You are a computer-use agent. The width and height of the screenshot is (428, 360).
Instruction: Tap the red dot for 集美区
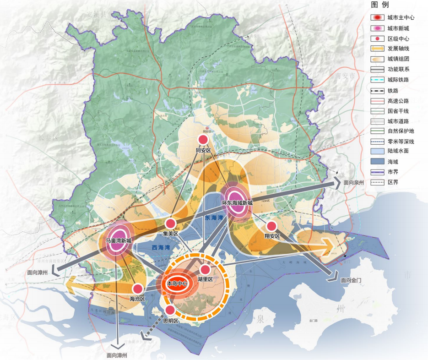tap(170, 224)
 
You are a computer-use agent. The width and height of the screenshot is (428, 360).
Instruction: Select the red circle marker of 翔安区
tap(271, 226)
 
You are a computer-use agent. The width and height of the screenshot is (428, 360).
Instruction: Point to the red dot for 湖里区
tap(205, 270)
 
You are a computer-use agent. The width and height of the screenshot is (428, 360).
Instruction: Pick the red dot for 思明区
tap(169, 310)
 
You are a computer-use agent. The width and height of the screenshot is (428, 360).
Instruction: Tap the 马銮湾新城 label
tap(119, 240)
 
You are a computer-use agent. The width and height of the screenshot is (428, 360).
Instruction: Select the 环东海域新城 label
tap(237, 203)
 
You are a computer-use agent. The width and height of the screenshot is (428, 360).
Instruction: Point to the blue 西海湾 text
tap(160, 247)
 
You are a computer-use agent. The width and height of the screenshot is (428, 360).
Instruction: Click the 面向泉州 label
tap(354, 182)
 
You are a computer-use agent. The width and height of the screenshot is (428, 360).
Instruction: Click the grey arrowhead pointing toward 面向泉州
tap(337, 183)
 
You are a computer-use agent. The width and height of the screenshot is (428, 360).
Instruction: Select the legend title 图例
tap(380, 5)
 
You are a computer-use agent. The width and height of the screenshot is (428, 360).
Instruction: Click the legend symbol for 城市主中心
tap(376, 17)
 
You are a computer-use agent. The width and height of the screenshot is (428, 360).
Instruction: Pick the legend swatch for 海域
tap(376, 161)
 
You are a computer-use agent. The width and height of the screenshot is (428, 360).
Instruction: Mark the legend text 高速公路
tap(398, 101)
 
